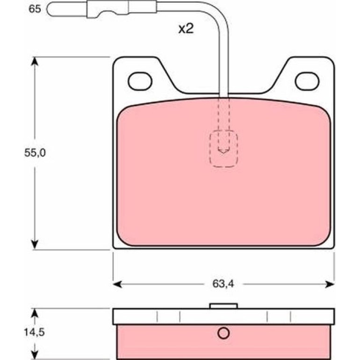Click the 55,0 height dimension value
(x=35, y=152)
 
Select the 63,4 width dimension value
(x=223, y=284)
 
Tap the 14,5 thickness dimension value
(x=34, y=332)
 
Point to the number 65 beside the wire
(x=35, y=9)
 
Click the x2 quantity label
(x=186, y=29)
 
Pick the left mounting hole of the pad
(x=140, y=81)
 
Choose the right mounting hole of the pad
(x=307, y=81)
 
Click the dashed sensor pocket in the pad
(x=223, y=149)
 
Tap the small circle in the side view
(x=223, y=333)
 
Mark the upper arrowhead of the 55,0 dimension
(x=35, y=61)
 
